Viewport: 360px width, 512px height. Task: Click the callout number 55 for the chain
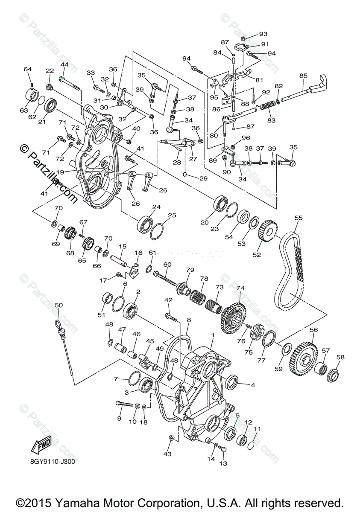point(298,218)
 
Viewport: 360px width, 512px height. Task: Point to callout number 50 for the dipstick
point(59,305)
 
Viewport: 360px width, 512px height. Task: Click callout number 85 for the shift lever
point(303,76)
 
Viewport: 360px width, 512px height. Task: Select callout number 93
point(263,34)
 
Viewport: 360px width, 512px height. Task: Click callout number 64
point(28,69)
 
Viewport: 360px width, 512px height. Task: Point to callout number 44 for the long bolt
point(64,64)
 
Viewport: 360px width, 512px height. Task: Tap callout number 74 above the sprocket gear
point(240,288)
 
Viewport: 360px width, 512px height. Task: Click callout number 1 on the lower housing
point(212,335)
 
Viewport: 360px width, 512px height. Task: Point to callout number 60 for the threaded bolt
point(167,265)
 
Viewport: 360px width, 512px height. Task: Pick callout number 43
point(167,454)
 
